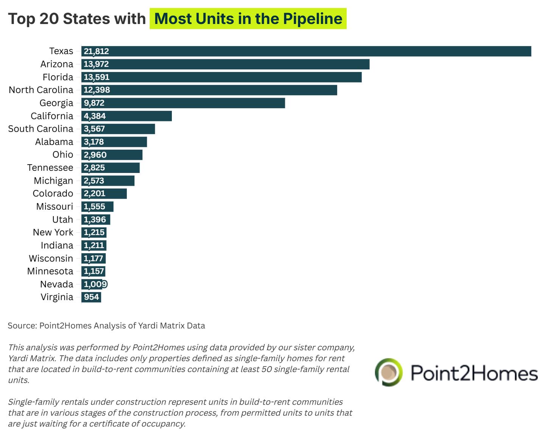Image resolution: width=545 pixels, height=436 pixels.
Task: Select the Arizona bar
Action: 225,64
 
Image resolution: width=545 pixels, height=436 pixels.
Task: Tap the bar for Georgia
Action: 183,103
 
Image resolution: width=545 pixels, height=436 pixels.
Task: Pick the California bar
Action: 126,116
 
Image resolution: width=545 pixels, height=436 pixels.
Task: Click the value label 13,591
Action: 97,77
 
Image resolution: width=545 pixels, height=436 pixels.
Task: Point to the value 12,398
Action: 97,90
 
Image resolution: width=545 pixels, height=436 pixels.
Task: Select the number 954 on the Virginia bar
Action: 92,297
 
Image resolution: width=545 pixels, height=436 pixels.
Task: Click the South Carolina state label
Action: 40,129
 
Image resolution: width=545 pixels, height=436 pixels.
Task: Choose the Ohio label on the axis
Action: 63,154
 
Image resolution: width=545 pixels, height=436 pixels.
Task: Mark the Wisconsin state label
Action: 51,258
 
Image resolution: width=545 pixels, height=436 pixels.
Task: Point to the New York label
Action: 53,232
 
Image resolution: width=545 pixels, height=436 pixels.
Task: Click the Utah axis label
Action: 62,220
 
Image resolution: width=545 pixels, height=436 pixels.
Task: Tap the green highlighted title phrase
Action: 248,19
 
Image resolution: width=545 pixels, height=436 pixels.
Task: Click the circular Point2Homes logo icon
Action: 389,372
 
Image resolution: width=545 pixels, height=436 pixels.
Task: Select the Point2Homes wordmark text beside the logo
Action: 474,373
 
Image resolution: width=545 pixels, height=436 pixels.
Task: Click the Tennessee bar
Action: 111,168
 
